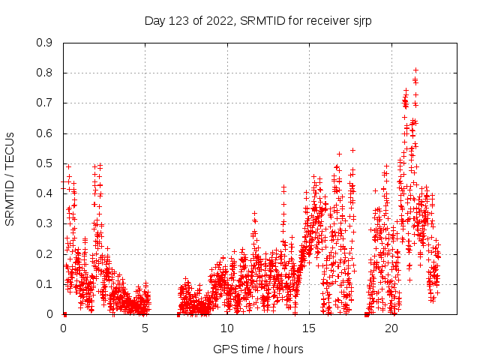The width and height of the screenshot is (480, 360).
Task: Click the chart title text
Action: point(258,20)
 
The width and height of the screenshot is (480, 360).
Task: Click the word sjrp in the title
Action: point(359,20)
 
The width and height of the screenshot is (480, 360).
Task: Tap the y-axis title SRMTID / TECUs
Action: point(10,179)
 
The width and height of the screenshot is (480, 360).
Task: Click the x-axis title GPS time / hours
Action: point(258,349)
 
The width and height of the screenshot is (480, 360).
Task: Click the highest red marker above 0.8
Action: point(415,70)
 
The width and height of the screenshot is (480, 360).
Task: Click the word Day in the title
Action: point(155,20)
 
